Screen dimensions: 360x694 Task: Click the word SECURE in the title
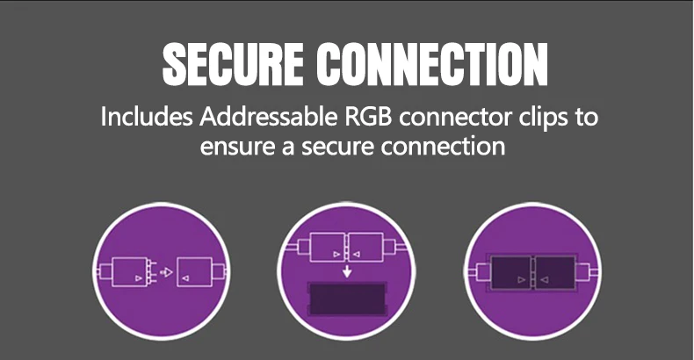coord(233,63)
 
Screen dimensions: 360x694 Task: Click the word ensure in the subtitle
coord(231,146)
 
